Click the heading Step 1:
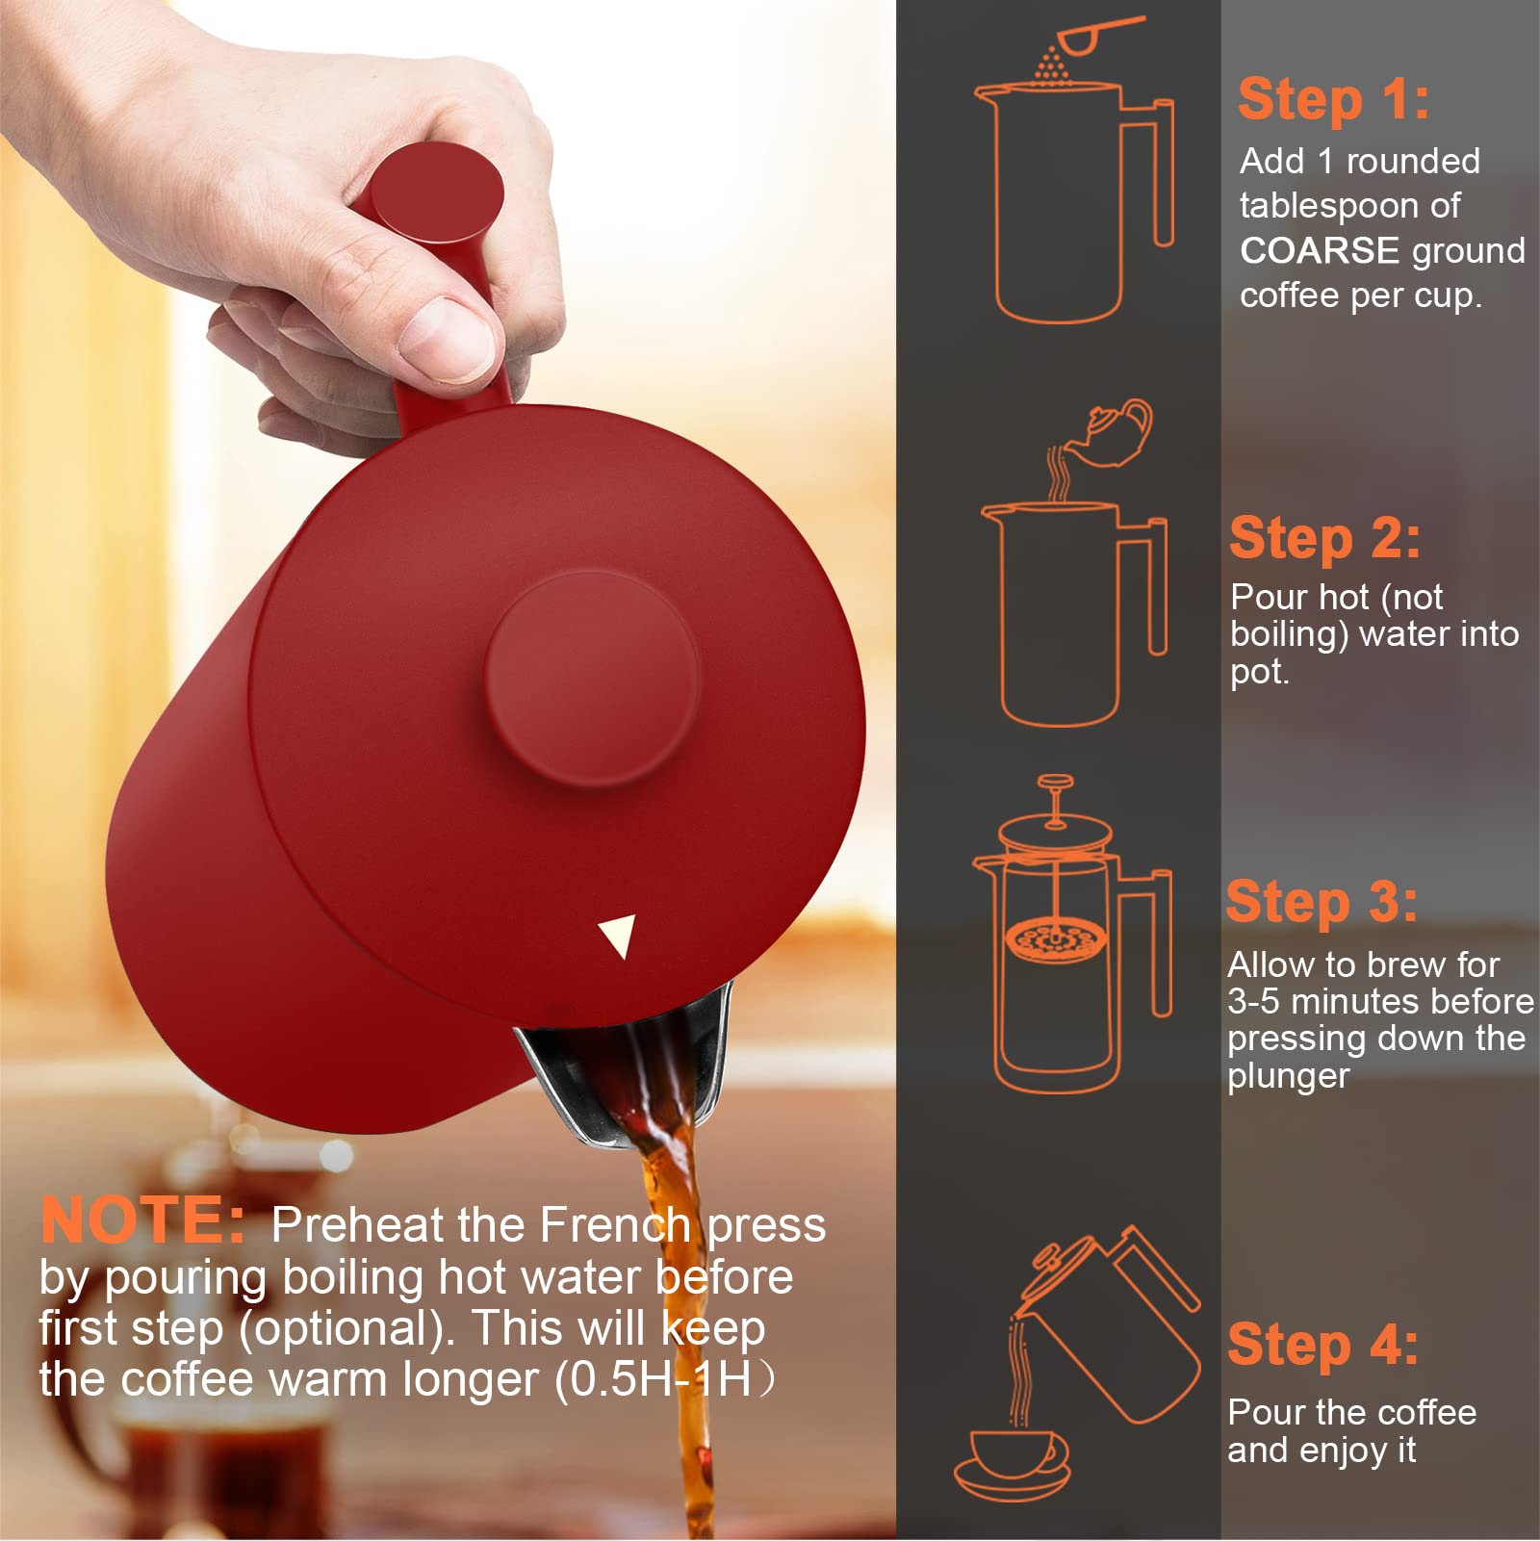pos(1333,100)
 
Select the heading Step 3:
pos(1322,902)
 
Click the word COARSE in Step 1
pos(1320,250)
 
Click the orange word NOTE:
pos(143,1220)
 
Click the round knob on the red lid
pos(591,679)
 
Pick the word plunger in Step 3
pos(1288,1076)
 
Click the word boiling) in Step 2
pos(1290,634)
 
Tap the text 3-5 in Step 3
pos(1253,1001)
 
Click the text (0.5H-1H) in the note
pos(664,1379)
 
